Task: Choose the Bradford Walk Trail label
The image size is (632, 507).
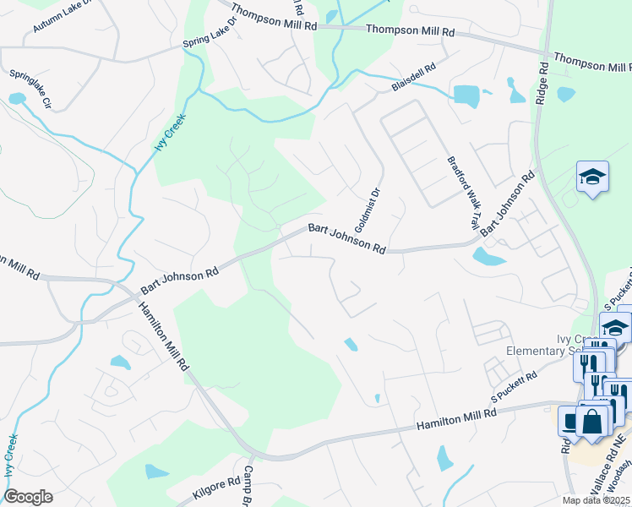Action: pos(463,193)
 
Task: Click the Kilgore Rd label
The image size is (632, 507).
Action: pos(204,489)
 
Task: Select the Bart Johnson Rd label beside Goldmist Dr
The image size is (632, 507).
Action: pos(346,239)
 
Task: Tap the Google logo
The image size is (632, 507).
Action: pos(28,497)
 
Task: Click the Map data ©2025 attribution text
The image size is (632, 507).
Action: pos(596,500)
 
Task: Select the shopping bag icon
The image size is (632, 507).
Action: pos(592,422)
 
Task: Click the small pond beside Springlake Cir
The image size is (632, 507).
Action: pos(16,98)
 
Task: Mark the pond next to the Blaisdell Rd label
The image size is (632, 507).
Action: pos(466,95)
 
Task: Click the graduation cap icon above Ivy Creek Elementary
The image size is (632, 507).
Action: pos(593,177)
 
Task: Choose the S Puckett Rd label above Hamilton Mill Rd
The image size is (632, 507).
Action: pos(515,387)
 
